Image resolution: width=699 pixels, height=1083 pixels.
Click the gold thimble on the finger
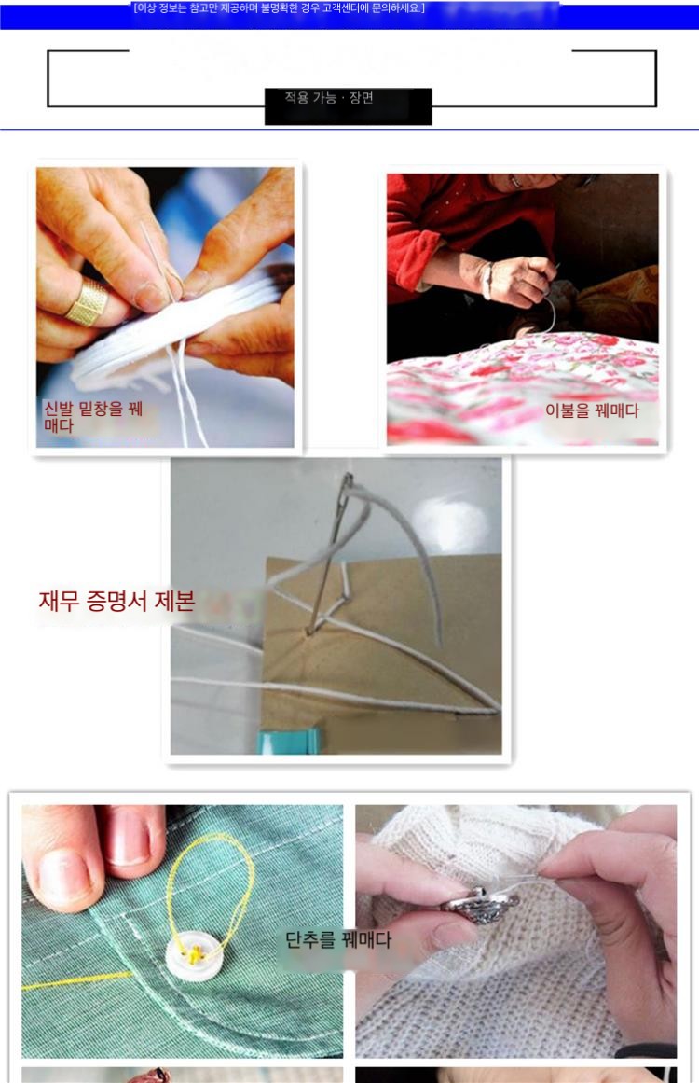pos(88,301)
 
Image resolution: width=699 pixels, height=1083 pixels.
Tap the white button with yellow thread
pos(194,954)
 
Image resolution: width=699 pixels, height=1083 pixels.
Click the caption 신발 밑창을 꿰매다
pos(93,416)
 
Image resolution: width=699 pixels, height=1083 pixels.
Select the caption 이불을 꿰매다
pos(592,411)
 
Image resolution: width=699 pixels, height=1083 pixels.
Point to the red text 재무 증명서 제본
pos(116,601)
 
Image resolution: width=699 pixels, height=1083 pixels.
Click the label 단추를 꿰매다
pos(338,939)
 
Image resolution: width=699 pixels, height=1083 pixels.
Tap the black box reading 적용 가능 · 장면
pos(348,105)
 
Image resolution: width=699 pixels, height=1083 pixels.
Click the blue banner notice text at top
pos(279,8)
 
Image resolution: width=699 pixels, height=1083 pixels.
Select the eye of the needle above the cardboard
pos(347,483)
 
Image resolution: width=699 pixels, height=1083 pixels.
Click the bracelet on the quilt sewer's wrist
pos(487,280)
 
